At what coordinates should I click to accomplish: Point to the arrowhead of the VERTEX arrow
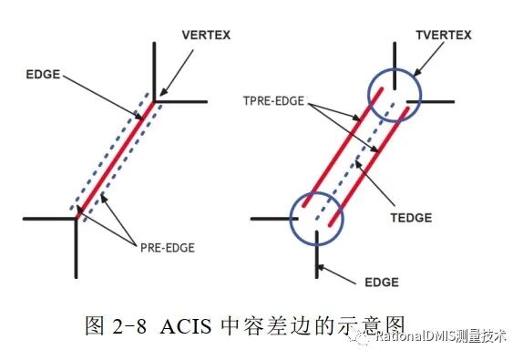pyautogui.click(x=159, y=93)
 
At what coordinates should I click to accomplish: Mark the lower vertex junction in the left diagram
pyautogui.click(x=75, y=219)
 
